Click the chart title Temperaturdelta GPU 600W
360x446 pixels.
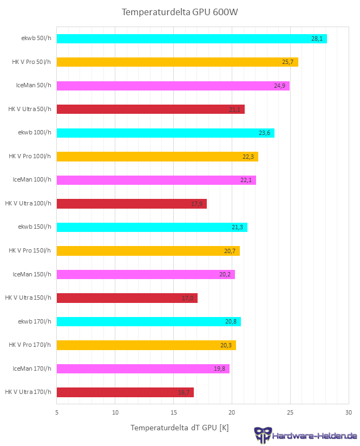180,12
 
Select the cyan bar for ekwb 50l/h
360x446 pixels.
192,38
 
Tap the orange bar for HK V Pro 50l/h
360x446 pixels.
177,62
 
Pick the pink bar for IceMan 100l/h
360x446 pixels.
156,180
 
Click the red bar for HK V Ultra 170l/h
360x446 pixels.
125,392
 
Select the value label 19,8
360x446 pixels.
220,369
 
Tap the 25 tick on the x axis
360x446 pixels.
290,412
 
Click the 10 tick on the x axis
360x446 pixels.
115,412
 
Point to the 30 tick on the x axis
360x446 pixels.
349,412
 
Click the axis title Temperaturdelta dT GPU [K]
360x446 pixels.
179,428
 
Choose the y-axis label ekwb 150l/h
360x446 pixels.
35,227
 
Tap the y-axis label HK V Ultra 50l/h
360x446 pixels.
30,109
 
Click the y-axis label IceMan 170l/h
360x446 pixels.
32,369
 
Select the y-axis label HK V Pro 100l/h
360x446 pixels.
30,156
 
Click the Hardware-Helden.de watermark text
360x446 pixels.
315,436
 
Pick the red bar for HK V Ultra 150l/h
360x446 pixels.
127,298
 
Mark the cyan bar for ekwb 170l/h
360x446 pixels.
148,321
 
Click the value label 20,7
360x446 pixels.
230,251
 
